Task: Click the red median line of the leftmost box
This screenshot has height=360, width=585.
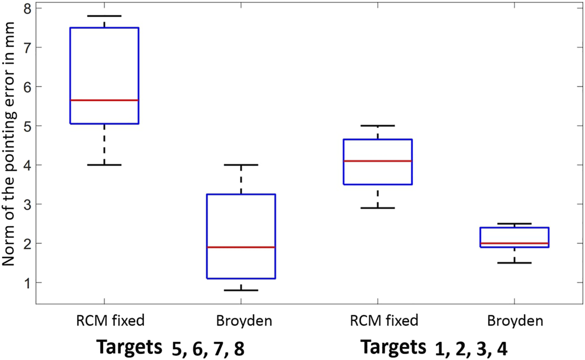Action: [104, 100]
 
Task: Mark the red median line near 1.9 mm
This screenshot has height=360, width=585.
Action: [241, 247]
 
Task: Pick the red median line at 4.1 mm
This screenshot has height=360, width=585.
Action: [378, 161]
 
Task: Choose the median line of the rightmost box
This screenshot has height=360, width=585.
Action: [514, 243]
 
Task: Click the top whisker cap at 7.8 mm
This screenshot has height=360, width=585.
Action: [104, 16]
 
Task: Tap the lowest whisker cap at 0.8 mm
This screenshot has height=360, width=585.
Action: [241, 290]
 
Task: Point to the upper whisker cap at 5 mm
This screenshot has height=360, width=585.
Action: [378, 125]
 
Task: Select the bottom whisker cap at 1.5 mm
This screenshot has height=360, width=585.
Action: [514, 263]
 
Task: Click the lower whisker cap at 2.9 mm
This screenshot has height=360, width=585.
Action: [378, 208]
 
